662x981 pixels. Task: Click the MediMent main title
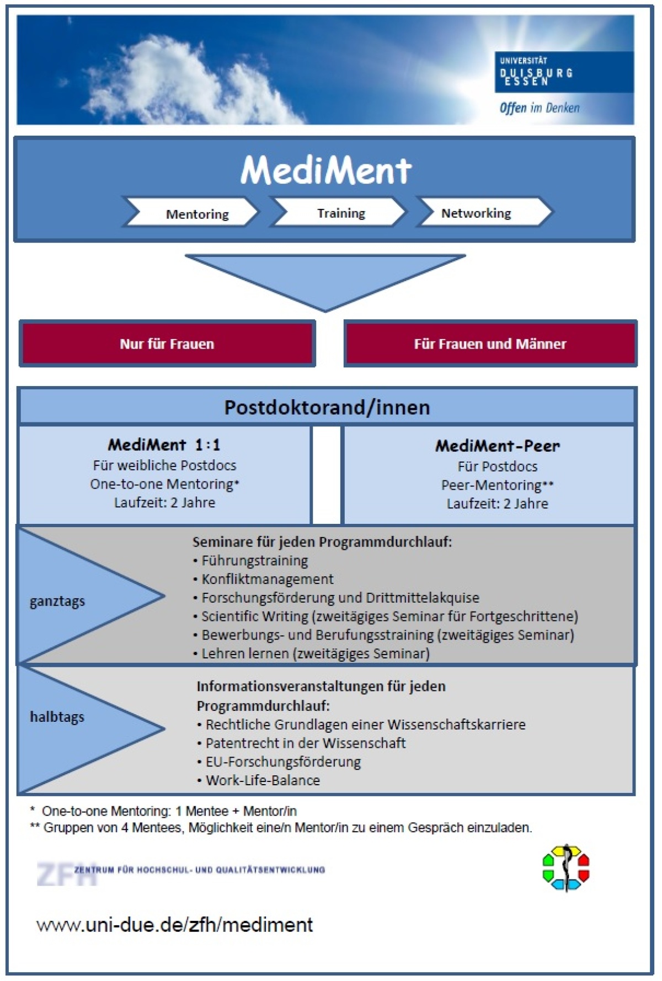(x=325, y=170)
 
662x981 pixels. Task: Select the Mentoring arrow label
(x=197, y=214)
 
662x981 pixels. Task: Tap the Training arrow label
(x=341, y=213)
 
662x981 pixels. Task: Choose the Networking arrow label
(x=476, y=213)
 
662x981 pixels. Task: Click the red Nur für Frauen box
(x=167, y=344)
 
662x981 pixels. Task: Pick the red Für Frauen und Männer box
(x=490, y=344)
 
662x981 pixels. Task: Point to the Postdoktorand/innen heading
(x=327, y=408)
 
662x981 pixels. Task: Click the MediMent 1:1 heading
(x=164, y=444)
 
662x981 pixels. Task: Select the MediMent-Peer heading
(x=497, y=446)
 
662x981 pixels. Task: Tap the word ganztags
(x=57, y=601)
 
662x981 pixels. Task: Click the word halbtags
(x=57, y=717)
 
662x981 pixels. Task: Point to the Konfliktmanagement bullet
(x=267, y=579)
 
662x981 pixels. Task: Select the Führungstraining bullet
(x=254, y=561)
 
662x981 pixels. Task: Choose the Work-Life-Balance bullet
(x=263, y=780)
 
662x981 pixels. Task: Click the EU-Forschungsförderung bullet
(x=283, y=762)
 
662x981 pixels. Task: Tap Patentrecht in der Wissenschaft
(x=305, y=743)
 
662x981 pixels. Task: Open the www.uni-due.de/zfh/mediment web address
(x=175, y=925)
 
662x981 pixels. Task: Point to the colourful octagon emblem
(x=566, y=867)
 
